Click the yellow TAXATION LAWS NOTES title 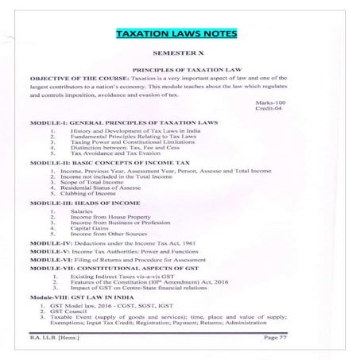tap(180, 35)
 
